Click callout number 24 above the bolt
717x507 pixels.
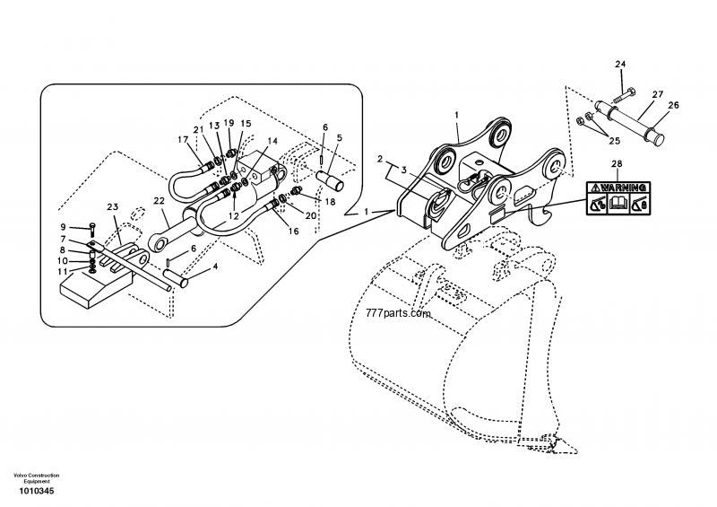click(x=619, y=63)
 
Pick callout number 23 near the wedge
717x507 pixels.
click(x=113, y=207)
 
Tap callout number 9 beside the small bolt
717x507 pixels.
click(x=64, y=226)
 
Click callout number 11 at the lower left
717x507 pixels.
click(x=63, y=271)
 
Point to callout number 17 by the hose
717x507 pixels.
click(x=183, y=139)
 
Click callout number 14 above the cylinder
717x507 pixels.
click(x=272, y=142)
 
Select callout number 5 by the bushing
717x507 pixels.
click(x=340, y=138)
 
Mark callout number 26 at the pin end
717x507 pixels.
click(x=673, y=105)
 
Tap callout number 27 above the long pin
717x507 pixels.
click(x=657, y=94)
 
